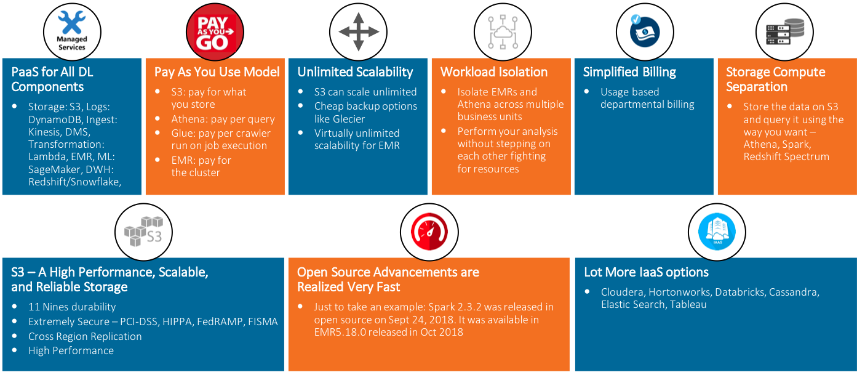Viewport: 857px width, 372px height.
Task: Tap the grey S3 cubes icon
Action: coord(143,230)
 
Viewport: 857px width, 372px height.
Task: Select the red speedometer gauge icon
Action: coord(429,230)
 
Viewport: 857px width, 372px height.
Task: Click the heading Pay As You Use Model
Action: coord(217,72)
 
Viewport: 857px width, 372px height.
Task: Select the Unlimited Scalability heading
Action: coord(355,72)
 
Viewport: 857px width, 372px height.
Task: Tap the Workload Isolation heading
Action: coord(493,72)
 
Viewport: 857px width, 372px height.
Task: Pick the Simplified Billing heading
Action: coord(629,72)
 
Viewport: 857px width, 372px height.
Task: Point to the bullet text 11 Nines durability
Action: coord(71,307)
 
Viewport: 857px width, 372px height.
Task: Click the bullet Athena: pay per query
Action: coord(223,119)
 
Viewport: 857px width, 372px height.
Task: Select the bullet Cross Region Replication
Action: coord(85,336)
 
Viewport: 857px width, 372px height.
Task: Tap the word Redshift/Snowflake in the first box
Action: coord(74,182)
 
